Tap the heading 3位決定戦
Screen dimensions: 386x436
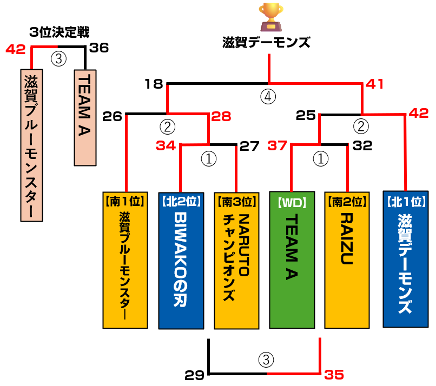click(x=60, y=32)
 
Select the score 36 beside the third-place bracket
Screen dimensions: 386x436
click(x=99, y=48)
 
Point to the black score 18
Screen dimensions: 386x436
click(x=154, y=84)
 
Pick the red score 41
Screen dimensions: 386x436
click(x=375, y=84)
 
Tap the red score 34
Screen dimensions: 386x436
click(x=166, y=145)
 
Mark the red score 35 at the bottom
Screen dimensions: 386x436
click(x=334, y=374)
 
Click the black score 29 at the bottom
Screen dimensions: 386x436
click(x=194, y=374)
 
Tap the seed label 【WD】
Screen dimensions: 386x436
click(x=292, y=202)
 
